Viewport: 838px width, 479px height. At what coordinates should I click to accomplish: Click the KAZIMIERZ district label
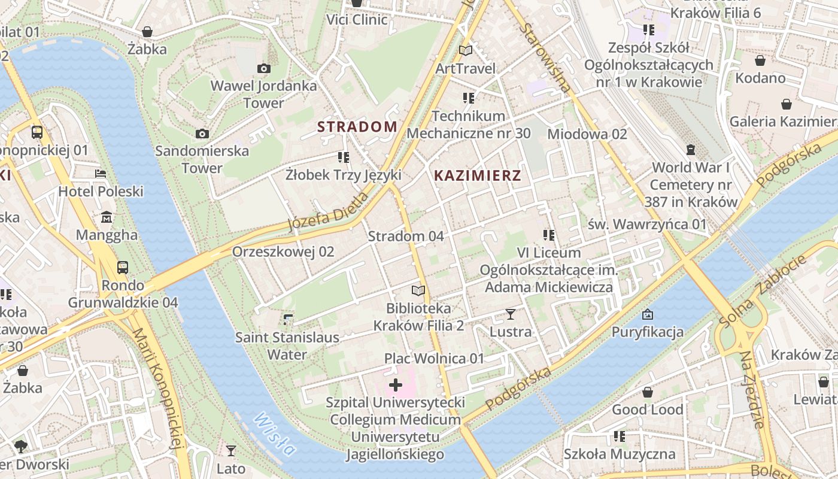[x=477, y=175]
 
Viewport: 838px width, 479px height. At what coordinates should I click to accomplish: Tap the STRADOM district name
[x=357, y=126]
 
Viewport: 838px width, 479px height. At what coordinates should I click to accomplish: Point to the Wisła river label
[x=274, y=434]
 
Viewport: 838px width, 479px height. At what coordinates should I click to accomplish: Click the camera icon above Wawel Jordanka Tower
[x=263, y=69]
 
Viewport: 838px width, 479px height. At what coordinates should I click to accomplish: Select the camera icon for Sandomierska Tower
[x=202, y=134]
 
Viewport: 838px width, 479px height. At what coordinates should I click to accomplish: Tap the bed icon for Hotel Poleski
[x=101, y=174]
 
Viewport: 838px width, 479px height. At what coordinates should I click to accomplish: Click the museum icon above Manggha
[x=107, y=217]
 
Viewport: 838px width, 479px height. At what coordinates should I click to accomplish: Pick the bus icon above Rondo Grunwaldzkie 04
[x=123, y=267]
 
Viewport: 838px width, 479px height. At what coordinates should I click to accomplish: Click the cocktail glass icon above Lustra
[x=510, y=314]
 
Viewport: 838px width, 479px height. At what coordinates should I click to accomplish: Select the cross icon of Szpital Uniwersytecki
[x=395, y=385]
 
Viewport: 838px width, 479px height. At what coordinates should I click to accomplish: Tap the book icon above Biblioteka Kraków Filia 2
[x=418, y=291]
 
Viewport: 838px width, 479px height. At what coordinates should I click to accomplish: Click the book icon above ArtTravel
[x=466, y=51]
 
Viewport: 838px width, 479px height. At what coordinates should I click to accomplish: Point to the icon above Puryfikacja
[x=647, y=314]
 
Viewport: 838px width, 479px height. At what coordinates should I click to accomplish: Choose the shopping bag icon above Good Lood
[x=647, y=393]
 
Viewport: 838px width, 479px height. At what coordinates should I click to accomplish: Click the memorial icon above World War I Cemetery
[x=691, y=150]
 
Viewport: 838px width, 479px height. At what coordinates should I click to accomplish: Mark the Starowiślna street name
[x=544, y=58]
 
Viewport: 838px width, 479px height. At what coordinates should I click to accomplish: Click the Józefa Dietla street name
[x=328, y=211]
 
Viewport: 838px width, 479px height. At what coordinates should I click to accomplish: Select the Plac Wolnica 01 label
[x=434, y=359]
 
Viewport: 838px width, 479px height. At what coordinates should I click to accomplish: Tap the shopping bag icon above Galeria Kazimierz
[x=787, y=105]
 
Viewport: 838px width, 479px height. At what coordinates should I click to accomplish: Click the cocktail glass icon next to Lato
[x=231, y=450]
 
